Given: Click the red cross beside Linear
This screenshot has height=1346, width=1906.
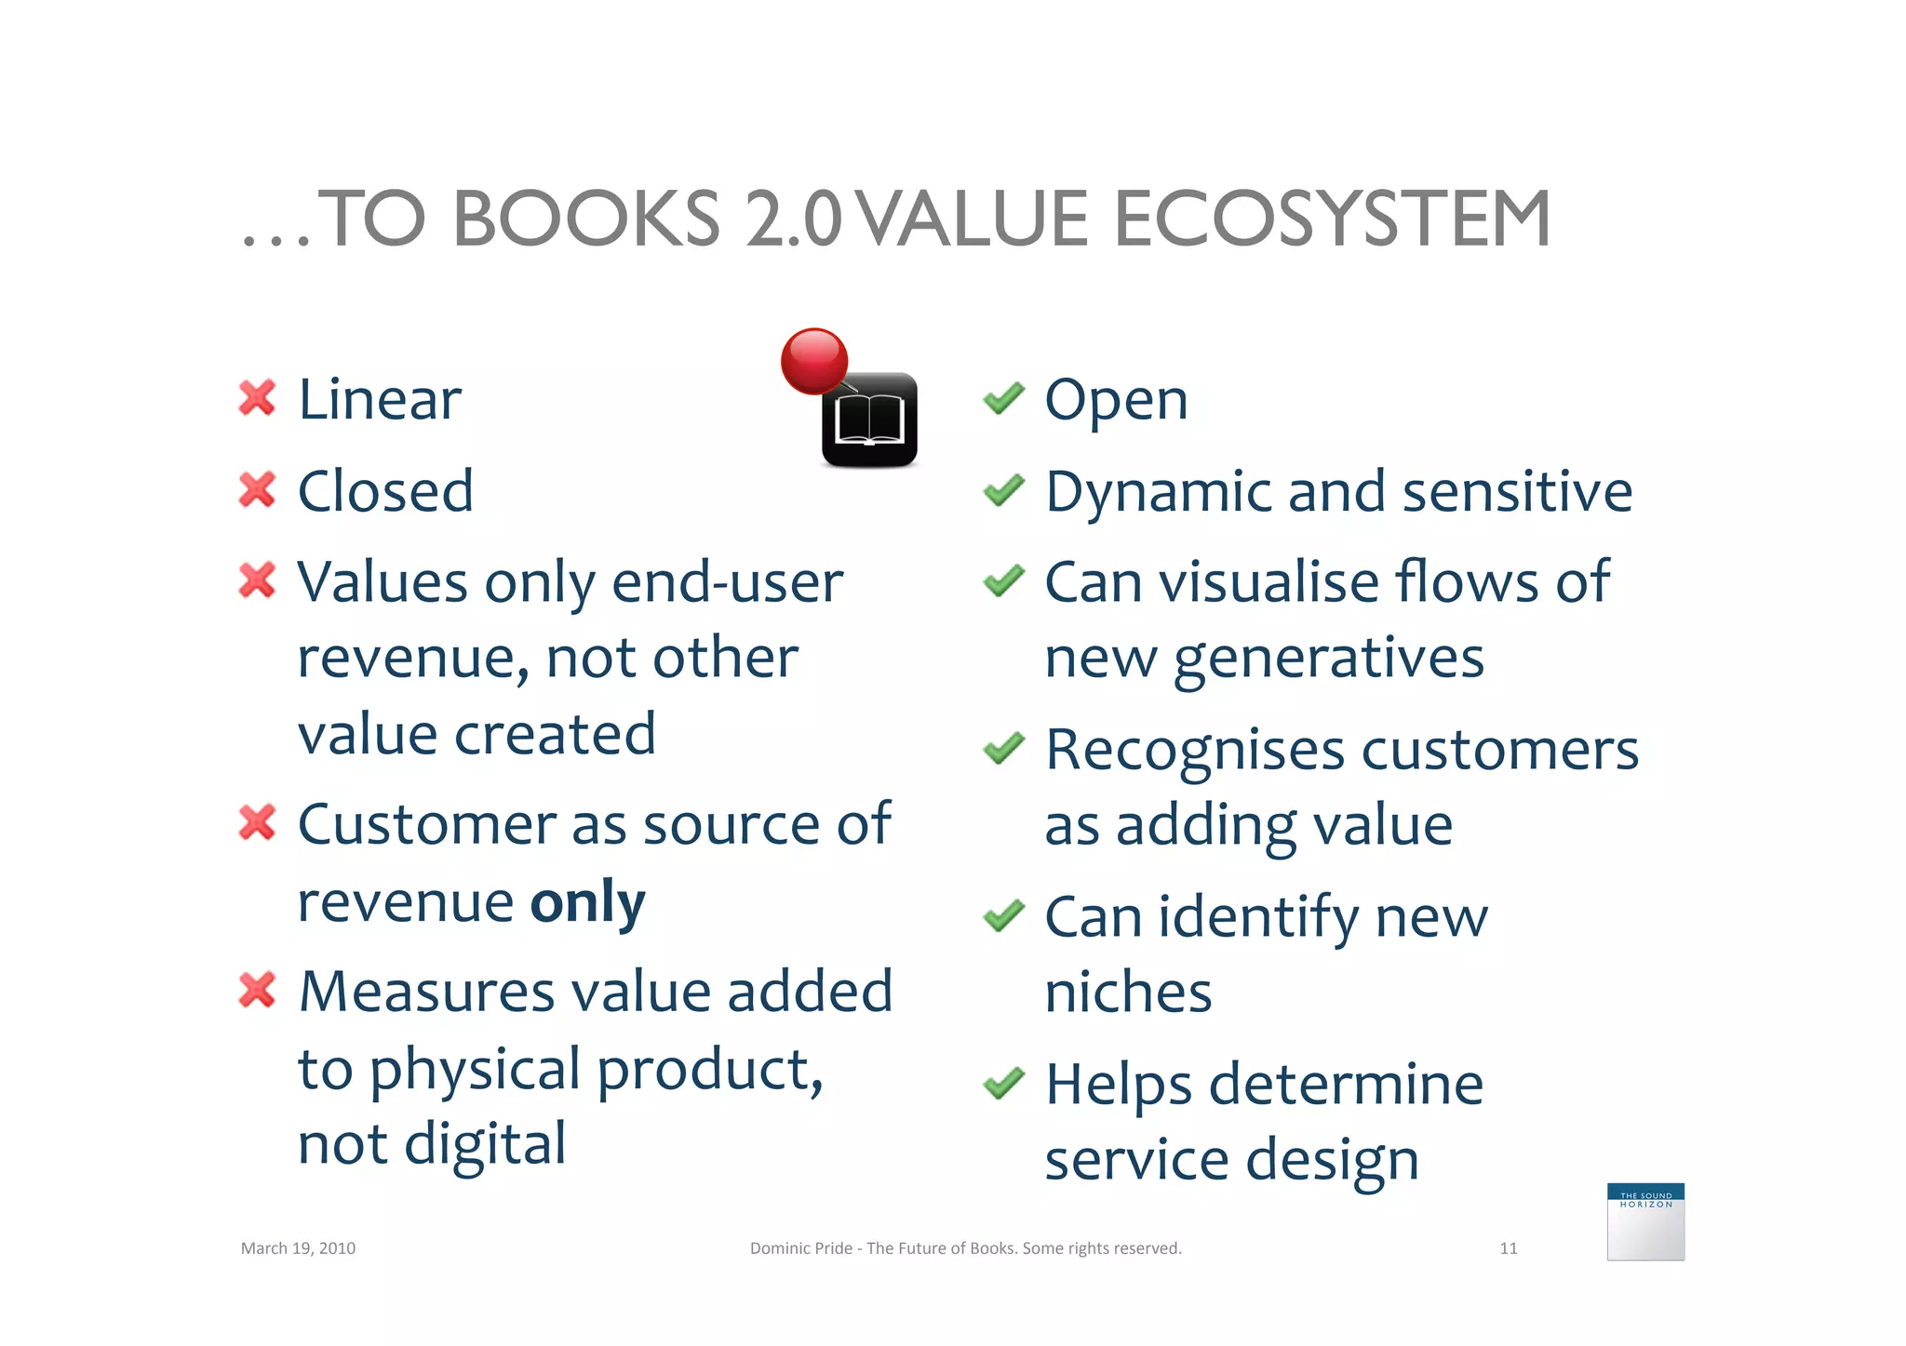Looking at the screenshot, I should point(257,398).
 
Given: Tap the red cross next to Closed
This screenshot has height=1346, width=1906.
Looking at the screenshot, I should point(257,490).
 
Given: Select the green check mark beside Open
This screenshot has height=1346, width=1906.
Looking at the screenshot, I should point(1003,399).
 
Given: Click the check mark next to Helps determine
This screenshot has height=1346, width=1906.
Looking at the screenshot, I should point(1003,1083).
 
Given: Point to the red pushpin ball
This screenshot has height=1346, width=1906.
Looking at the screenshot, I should point(814,361).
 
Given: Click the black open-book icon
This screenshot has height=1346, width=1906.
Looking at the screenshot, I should point(869,420).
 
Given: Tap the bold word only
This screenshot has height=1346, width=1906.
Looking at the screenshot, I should point(587,901).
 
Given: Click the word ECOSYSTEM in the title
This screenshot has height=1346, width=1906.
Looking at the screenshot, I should point(1332,220).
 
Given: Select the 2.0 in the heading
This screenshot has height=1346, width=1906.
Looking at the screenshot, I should point(793,220).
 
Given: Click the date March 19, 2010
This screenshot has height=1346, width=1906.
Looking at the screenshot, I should point(298,1248).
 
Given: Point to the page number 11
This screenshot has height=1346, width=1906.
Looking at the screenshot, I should point(1509,1248).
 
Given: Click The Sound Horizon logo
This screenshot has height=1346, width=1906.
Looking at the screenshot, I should point(1645,1221).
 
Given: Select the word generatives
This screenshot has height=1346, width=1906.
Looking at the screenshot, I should point(1328,660).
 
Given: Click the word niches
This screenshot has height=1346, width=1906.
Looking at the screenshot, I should point(1128,992).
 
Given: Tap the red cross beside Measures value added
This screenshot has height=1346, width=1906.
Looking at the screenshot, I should point(257,990).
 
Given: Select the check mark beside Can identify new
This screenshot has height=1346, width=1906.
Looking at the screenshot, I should point(1003,916).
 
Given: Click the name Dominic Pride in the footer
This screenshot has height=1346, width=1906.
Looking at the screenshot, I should point(800,1248).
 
